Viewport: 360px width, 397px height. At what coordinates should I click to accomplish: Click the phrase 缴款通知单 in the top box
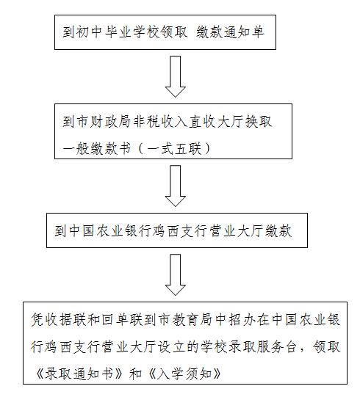coord(230,32)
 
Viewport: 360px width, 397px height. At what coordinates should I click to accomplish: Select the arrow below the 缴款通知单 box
coord(175,76)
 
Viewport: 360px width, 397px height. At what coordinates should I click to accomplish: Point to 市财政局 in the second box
coord(103,122)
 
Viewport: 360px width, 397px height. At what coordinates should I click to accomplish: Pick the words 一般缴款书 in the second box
coord(97,148)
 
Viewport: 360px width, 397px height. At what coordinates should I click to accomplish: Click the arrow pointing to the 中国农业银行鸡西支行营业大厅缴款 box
coord(175,186)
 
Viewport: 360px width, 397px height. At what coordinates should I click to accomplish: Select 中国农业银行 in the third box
coord(110,231)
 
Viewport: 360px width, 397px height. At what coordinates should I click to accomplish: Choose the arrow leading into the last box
coord(175,274)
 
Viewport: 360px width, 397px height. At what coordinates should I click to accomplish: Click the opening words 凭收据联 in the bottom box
coord(59,319)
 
